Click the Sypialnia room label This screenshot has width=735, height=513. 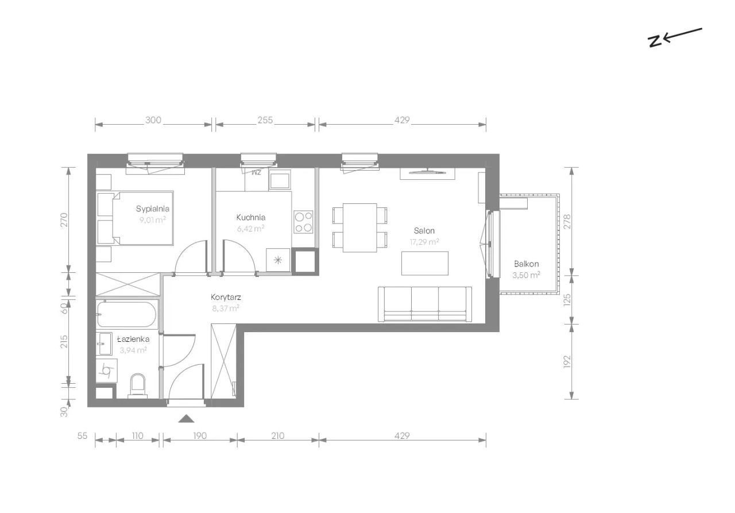coord(153,209)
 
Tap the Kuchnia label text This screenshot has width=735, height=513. coord(251,217)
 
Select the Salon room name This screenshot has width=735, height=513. coord(424,231)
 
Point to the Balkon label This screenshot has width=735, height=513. coord(527,264)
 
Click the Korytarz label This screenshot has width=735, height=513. coord(226,298)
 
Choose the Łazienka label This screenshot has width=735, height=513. coord(133,339)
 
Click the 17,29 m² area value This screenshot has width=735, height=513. coord(424,242)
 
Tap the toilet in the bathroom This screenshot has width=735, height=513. coord(137,385)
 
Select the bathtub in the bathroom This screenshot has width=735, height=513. coord(127,314)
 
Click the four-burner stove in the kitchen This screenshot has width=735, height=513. coord(303,222)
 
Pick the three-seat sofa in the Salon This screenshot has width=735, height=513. coord(425,304)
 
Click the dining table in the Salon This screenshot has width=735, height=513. coord(359,228)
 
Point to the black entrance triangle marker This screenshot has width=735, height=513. coord(187,418)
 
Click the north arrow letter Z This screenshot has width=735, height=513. coord(655,42)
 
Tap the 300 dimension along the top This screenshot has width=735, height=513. coord(153,120)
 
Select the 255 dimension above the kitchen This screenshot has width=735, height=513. coord(265,120)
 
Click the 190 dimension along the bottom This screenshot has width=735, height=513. coord(200,436)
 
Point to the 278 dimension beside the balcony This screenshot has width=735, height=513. coord(567,222)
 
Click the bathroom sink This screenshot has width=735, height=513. coord(105,344)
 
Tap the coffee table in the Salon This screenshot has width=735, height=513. coord(425,263)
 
